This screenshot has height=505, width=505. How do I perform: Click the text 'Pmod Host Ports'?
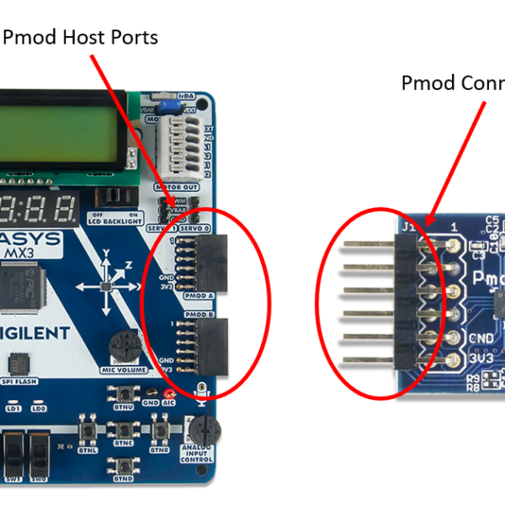point(81,38)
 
